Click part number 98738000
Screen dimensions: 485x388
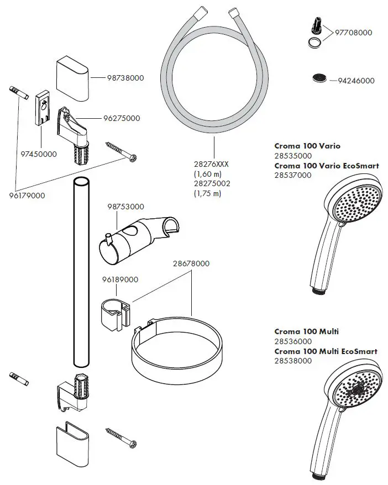click(x=125, y=78)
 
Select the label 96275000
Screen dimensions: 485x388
click(x=121, y=118)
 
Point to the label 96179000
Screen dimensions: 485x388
click(x=27, y=196)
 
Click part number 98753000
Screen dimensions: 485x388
click(x=125, y=207)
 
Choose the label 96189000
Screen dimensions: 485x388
click(x=119, y=280)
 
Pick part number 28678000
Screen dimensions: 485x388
click(x=191, y=263)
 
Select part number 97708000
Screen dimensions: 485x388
click(x=354, y=33)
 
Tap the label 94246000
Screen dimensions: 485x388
click(x=356, y=81)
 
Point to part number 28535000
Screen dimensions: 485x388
click(x=293, y=156)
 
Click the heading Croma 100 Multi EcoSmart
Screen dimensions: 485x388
click(x=326, y=351)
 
